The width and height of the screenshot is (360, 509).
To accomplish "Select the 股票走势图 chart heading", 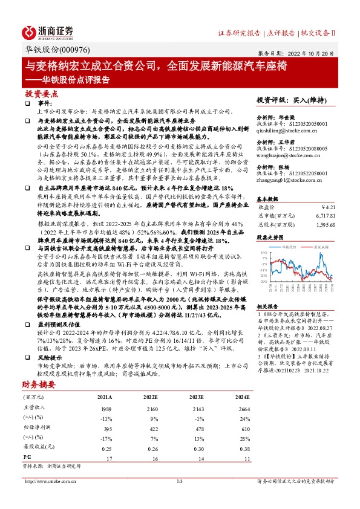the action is tap(270, 238).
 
